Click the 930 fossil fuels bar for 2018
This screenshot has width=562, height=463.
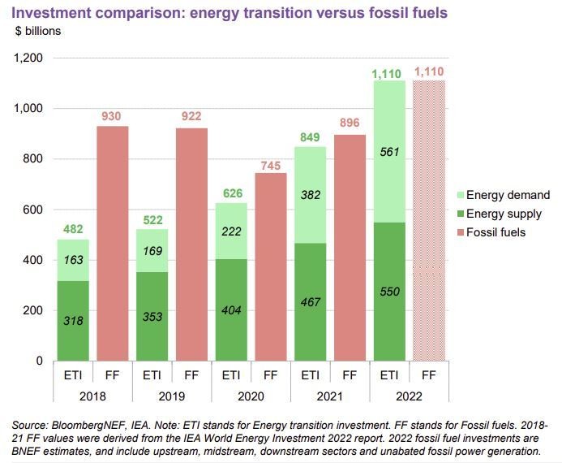tap(111, 244)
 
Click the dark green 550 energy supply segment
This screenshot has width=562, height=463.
tap(388, 291)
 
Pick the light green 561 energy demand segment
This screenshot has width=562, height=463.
tap(388, 151)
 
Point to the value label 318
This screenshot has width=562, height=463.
tap(73, 321)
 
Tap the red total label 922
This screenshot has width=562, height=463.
tap(191, 117)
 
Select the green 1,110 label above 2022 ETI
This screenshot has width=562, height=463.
tap(388, 74)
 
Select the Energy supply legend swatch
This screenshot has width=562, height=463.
tap(458, 214)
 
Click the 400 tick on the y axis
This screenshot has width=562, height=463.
tap(32, 260)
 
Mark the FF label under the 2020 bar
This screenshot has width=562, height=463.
tap(270, 375)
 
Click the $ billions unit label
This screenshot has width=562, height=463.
tap(38, 31)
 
